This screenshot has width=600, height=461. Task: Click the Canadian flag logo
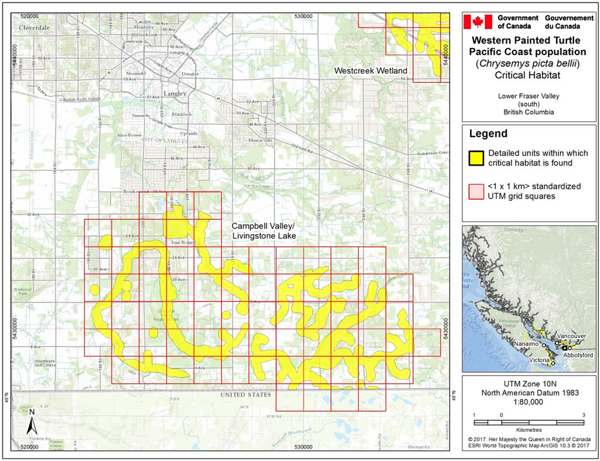(x=479, y=22)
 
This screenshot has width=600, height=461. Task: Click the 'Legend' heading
(x=489, y=134)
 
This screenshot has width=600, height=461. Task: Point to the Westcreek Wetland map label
(x=370, y=70)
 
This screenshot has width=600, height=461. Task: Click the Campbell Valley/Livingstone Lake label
(x=264, y=231)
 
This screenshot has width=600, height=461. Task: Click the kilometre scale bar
(x=528, y=422)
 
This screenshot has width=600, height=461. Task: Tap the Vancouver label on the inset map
(x=572, y=337)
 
